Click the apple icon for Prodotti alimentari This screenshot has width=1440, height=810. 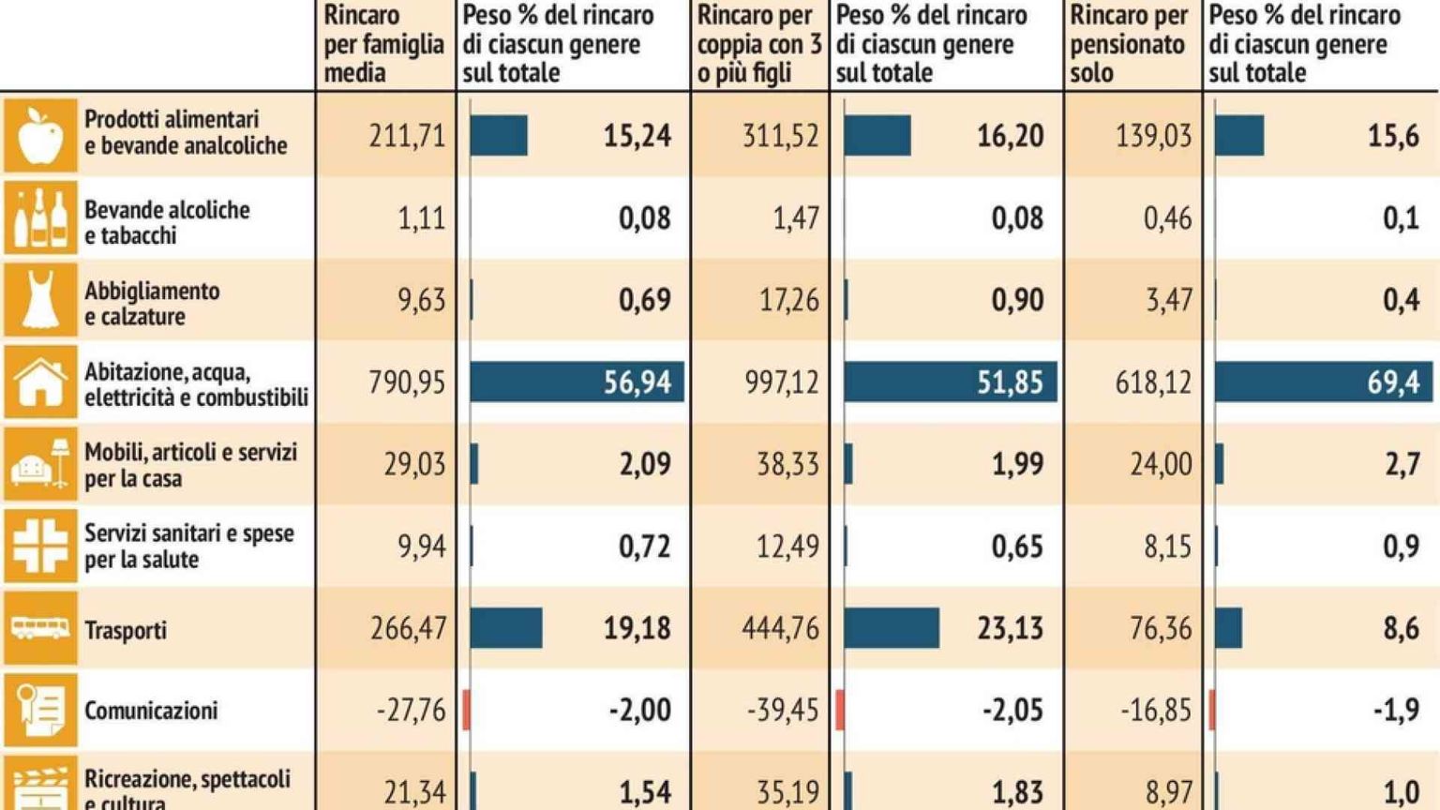coord(40,136)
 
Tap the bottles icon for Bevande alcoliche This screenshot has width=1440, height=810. coord(40,218)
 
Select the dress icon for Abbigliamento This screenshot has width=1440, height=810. coord(40,300)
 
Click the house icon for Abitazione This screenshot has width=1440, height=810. coord(40,382)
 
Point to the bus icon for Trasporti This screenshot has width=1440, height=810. coord(40,628)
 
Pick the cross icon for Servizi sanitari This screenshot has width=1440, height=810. coord(40,546)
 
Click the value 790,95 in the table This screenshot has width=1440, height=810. coord(407,382)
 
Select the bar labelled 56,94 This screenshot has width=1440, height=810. coord(577,382)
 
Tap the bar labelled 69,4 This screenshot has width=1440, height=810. coord(1323,382)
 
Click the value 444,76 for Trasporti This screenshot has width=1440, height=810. coord(780,628)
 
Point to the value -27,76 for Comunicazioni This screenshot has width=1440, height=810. coord(411,710)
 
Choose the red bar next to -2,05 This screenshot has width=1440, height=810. coord(840,710)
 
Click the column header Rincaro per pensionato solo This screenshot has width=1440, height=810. coord(1129,44)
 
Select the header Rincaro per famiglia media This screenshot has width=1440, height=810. coord(383,44)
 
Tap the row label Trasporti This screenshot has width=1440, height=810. coord(126,630)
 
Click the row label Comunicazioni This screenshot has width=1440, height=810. coord(151,711)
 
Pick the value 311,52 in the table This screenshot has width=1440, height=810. coord(780,136)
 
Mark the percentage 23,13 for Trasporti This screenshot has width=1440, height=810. coord(1010,628)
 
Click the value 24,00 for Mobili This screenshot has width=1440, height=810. coord(1161,464)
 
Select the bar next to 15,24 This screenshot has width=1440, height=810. coord(499,136)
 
